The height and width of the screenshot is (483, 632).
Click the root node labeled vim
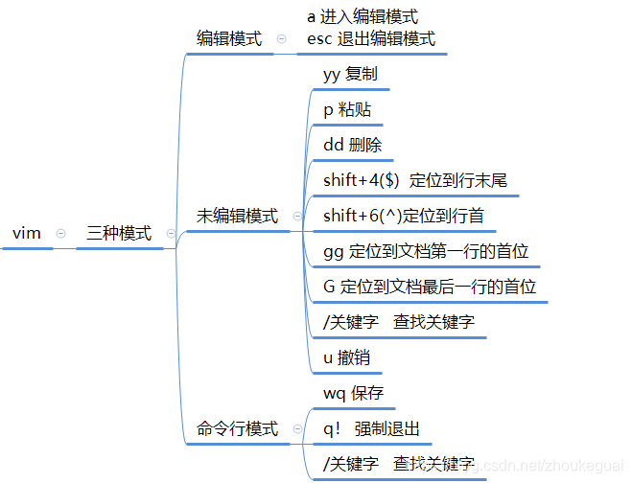pos(27,233)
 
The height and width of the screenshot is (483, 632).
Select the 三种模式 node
pos(119,233)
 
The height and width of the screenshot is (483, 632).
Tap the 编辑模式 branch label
pos(229,39)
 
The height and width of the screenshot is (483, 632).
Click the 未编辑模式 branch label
pos(237,217)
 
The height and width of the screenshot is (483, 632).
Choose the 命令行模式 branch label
pos(237,428)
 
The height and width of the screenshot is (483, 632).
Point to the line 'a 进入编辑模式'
pos(363,17)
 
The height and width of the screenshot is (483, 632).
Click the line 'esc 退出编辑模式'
pos(371,39)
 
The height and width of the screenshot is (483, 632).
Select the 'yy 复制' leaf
pos(351,74)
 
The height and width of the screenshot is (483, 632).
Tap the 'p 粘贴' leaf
pos(346,109)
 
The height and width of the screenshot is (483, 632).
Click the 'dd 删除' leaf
pos(353,145)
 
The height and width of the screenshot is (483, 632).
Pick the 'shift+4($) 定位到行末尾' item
pos(415,180)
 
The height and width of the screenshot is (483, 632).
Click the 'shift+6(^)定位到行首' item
pos(403,216)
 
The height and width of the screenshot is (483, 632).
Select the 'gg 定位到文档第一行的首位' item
pos(426,251)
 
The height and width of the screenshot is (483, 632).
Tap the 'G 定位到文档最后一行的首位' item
pos(430,287)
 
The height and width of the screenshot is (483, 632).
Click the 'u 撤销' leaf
pos(346,357)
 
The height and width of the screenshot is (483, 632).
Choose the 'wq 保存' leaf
pos(353,393)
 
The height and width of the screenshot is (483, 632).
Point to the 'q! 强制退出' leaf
pos(372,428)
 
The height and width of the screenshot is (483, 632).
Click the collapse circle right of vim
pos(61,233)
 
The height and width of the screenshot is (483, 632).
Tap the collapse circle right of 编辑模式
pos(281,39)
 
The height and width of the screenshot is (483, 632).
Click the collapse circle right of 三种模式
pos(171,233)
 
